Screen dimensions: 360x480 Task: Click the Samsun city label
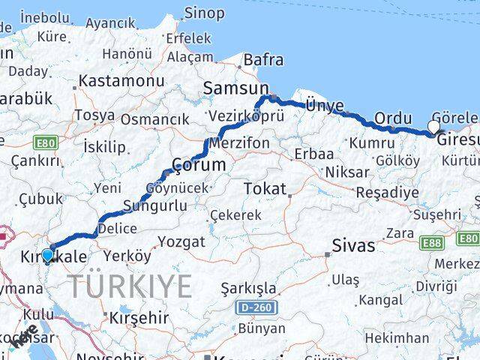click(229, 88)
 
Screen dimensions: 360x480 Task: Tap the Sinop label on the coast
click(204, 13)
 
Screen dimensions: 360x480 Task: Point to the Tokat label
click(264, 189)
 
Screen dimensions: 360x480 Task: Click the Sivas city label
click(354, 245)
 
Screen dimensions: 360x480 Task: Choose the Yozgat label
click(181, 241)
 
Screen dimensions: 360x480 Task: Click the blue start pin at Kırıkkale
click(47, 255)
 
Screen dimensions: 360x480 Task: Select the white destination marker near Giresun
click(434, 127)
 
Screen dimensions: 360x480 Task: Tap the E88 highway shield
click(430, 241)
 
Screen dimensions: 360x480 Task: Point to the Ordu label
click(393, 118)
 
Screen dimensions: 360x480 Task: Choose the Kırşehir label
click(139, 317)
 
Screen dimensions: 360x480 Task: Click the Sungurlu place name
click(144, 205)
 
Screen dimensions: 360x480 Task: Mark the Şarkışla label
click(247, 288)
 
